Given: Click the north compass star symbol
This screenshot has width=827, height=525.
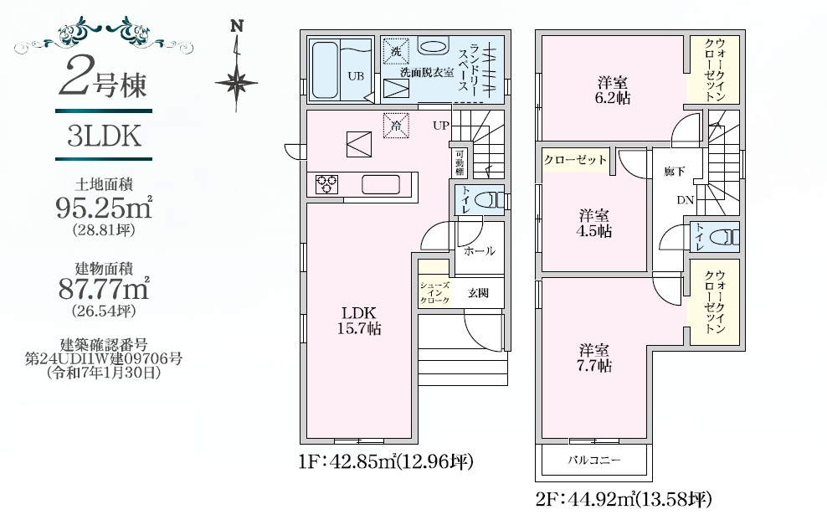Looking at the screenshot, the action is click(237, 83).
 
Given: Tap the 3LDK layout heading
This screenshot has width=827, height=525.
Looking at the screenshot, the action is click(104, 136).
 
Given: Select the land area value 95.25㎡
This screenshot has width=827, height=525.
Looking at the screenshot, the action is click(104, 208).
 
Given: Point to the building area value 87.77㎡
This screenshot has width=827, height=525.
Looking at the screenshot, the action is click(104, 288).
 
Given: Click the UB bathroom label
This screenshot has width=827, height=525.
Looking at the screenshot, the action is click(356, 76).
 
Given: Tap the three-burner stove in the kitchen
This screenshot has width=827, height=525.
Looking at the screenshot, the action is click(326, 185).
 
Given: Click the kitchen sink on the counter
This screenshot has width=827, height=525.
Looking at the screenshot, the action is click(380, 185).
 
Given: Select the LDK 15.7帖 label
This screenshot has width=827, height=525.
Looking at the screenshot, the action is click(359, 321).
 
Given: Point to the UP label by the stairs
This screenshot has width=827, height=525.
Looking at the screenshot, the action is click(441, 126).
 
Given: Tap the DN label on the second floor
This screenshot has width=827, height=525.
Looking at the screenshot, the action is click(686, 200).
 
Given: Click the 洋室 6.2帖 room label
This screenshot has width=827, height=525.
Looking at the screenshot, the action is click(613, 90).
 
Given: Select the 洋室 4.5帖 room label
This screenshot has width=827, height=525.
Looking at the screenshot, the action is click(594, 223).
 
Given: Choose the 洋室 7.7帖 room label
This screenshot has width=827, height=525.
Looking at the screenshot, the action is click(594, 358).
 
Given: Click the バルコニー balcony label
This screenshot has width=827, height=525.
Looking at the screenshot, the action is click(593, 460).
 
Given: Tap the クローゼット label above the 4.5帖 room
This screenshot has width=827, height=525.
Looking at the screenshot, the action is click(575, 159).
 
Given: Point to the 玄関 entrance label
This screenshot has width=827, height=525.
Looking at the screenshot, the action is click(478, 293).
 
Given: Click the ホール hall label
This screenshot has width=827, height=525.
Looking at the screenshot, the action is click(480, 251).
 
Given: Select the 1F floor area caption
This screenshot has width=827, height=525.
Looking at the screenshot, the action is click(386, 462).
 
